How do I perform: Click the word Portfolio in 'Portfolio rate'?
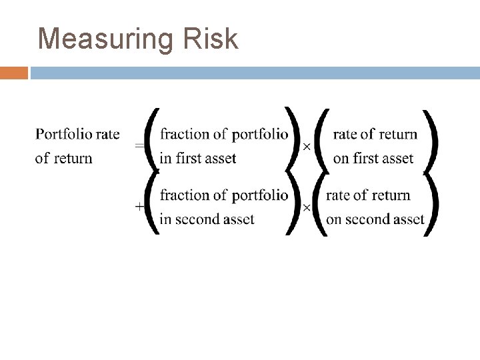coord(64,135)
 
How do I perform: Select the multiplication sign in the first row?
coord(307,147)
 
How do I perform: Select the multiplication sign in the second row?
coord(307,207)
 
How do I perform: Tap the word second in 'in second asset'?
coord(199,219)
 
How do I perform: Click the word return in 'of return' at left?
coord(73,159)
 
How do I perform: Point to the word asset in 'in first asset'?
coord(221,159)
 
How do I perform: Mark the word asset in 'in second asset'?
coord(239,219)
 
